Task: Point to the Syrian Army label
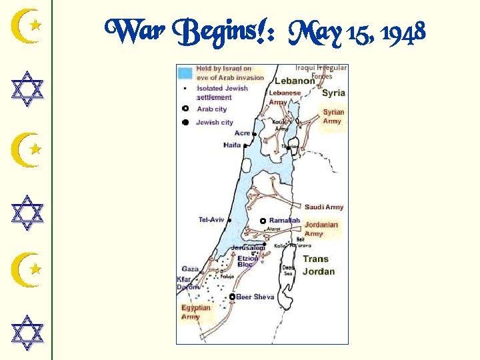(x=332, y=117)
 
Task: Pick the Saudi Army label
(x=324, y=207)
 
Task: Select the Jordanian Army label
(x=321, y=229)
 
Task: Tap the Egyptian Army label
(x=195, y=312)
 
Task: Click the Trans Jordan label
(x=319, y=265)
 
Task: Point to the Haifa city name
(x=232, y=145)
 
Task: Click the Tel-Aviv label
(x=211, y=219)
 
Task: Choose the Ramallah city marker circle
(x=263, y=221)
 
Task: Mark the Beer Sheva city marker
(x=232, y=297)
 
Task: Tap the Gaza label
(x=190, y=269)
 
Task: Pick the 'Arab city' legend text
(x=212, y=109)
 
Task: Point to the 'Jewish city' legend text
(x=215, y=122)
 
